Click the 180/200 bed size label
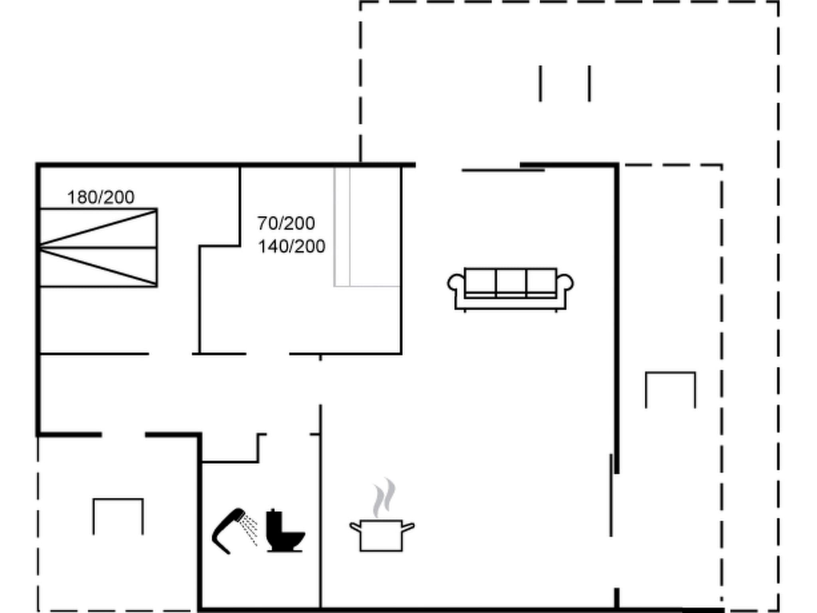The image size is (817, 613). pyautogui.click(x=101, y=197)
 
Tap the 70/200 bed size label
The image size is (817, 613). pyautogui.click(x=286, y=223)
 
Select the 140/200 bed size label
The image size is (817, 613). pyautogui.click(x=291, y=246)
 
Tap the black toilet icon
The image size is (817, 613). pyautogui.click(x=284, y=531)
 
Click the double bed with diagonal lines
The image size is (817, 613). pyautogui.click(x=98, y=247)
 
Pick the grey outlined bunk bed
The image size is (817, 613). pyautogui.click(x=366, y=226)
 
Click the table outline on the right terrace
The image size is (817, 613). pyautogui.click(x=670, y=389)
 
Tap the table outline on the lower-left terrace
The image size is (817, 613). pyautogui.click(x=118, y=515)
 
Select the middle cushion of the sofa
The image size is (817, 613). pyautogui.click(x=511, y=282)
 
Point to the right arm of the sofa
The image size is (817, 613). pyautogui.click(x=566, y=283)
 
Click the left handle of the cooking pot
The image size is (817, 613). pyautogui.click(x=355, y=527)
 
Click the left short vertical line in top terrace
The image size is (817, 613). pyautogui.click(x=541, y=83)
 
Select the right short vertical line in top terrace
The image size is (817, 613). pyautogui.click(x=589, y=83)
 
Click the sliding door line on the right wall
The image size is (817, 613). pyautogui.click(x=611, y=495)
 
